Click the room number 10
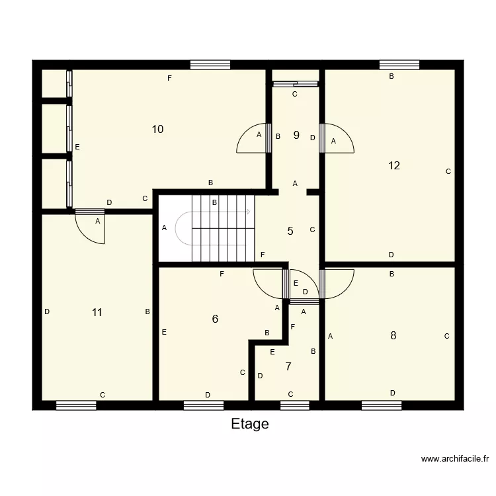point(157,129)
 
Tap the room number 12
point(394,165)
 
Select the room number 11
point(97,312)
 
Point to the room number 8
point(393,335)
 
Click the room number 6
point(215,319)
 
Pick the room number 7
point(288,366)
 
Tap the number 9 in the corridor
point(296,135)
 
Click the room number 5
point(290,231)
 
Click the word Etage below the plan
point(250,424)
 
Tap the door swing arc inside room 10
point(252,140)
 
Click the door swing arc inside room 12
point(339,140)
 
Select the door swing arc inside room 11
point(90,229)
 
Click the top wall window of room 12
point(399,65)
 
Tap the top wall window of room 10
point(210,65)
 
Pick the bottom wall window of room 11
point(76,405)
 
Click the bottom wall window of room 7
point(295,405)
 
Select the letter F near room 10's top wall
point(169,79)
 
